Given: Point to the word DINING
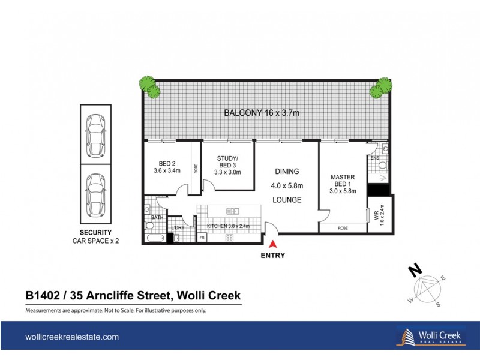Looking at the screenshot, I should point(287,171).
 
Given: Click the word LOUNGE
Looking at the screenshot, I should point(287,200).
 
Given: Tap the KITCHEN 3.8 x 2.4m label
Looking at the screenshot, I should point(231,226).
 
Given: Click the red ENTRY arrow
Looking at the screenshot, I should point(274,244).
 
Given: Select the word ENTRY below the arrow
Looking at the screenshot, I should point(273,255).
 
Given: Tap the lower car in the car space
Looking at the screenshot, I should point(95,194).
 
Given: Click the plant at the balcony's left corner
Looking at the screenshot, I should point(149,86).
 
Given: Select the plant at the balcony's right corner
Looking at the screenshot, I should point(380,88).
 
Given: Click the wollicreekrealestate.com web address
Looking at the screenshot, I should point(71,337).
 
